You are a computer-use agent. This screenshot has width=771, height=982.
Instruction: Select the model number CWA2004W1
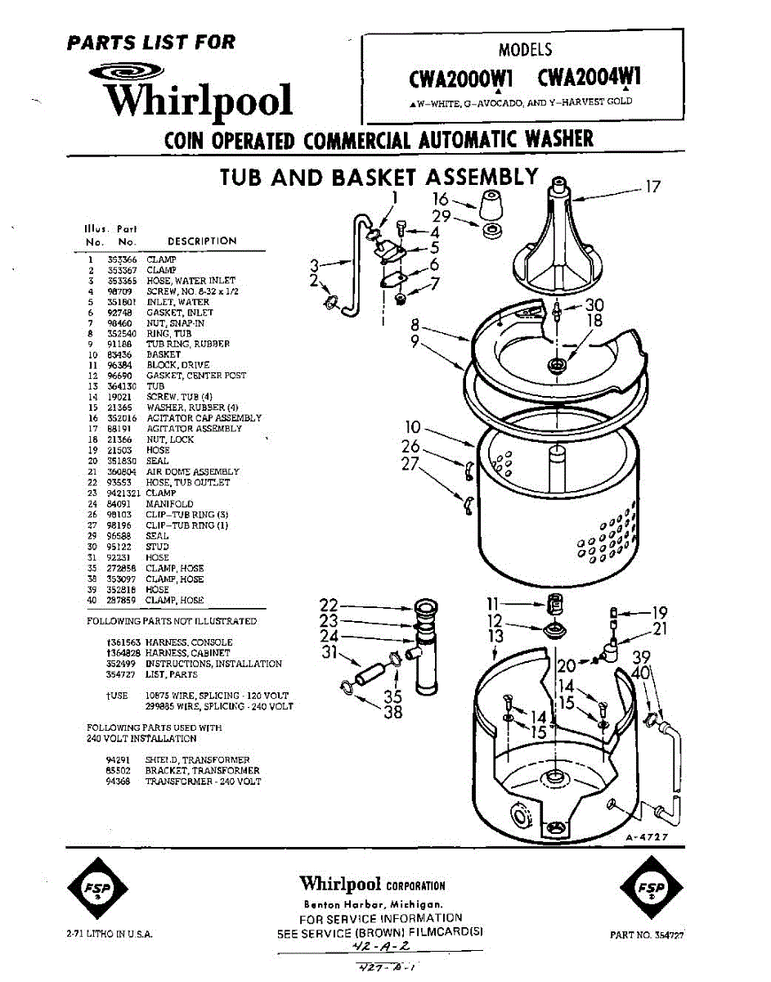[x=589, y=79]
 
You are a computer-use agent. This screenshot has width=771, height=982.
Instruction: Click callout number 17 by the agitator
[x=652, y=187]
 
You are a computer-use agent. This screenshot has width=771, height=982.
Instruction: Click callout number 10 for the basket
[x=413, y=427]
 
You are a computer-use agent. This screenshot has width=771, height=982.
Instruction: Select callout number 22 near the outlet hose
[x=328, y=606]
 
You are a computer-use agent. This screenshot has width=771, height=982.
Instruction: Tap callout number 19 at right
[x=661, y=611]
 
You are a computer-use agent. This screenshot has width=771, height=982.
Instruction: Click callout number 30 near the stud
[x=594, y=304]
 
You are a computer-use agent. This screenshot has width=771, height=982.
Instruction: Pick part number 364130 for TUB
[x=120, y=386]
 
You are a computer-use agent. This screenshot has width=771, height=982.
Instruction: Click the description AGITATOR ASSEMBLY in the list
[x=194, y=429]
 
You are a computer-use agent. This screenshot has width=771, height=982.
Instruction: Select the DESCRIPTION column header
[x=201, y=241]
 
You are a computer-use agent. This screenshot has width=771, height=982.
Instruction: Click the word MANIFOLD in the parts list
[x=169, y=504]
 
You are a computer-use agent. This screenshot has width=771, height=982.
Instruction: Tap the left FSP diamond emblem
[x=96, y=889]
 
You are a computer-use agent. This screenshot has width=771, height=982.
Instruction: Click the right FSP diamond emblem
[x=651, y=889]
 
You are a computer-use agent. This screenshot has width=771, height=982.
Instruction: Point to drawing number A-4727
[x=647, y=837]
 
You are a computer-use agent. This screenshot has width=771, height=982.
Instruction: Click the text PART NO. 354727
[x=647, y=935]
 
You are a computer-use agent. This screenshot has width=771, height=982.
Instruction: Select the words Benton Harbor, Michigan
[x=373, y=905]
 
